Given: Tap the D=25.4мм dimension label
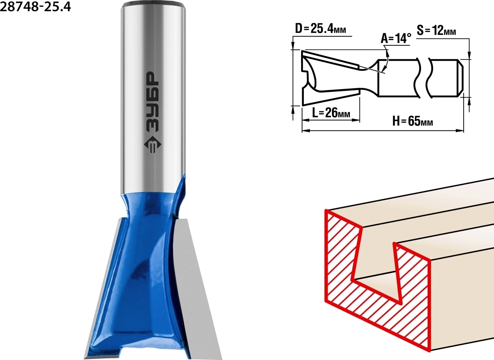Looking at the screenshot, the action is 320,29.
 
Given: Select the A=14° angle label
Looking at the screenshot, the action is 396,39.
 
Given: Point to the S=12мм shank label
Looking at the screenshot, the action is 436,31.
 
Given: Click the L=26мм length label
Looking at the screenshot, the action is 331,113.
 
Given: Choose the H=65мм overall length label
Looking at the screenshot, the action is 413,121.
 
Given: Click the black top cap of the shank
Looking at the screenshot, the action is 154,4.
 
